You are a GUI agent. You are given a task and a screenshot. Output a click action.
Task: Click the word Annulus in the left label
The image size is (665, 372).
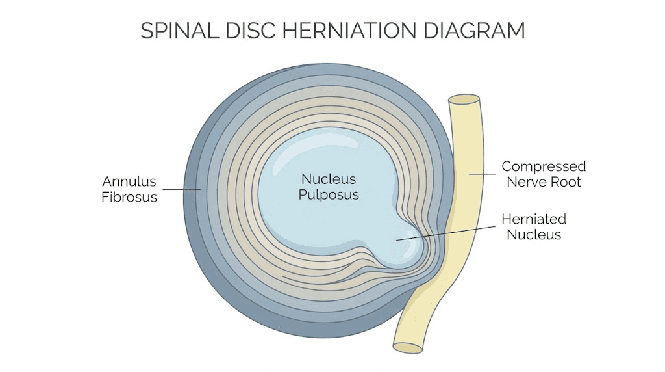[129, 181]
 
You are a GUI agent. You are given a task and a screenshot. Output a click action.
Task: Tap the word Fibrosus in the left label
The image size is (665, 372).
[129, 197]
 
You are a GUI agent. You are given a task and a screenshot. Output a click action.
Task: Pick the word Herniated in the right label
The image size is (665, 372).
[534, 219]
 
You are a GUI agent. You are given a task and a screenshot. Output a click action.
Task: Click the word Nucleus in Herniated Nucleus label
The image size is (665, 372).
[534, 235]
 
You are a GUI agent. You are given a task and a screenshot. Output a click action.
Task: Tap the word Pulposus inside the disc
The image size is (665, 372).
[329, 194]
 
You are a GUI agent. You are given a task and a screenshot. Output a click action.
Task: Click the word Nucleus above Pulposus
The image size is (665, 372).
[328, 179]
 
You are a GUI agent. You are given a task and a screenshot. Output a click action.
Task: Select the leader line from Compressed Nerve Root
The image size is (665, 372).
[481, 174]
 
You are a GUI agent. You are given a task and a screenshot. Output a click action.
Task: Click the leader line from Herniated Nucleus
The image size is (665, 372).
[448, 232]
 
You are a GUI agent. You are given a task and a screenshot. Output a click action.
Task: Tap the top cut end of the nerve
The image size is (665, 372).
[464, 100]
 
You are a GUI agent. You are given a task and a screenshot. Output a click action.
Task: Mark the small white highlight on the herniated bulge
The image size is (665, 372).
[412, 235]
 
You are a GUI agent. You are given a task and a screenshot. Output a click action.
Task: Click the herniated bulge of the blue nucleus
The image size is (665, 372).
[399, 247]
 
